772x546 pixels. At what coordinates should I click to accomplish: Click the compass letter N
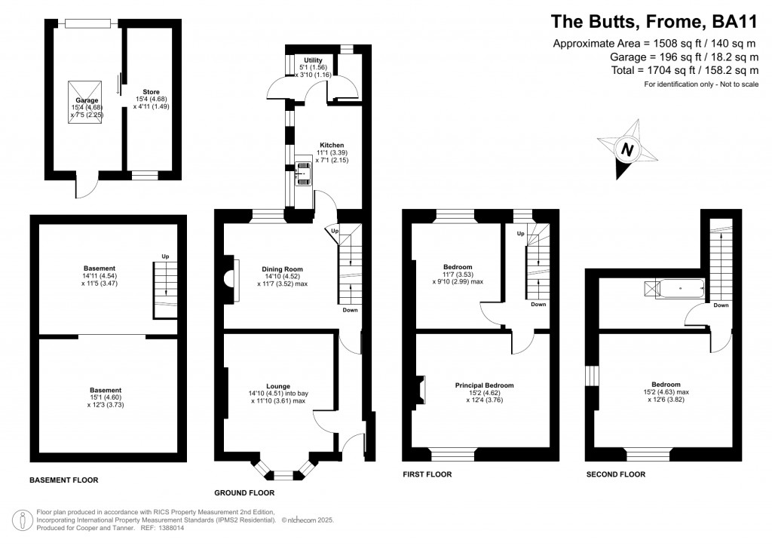coord(626,149)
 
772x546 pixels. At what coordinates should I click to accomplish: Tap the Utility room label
coord(313,60)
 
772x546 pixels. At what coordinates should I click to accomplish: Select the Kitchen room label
coord(332,145)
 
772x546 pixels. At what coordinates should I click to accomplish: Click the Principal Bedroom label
coord(484,385)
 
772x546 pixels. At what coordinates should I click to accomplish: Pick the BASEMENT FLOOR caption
coord(63,480)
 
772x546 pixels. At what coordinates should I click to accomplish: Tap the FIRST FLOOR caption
coord(427,474)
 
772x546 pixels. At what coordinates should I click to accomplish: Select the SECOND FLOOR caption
coord(616,474)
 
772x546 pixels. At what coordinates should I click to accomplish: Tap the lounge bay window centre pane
coord(284,475)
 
